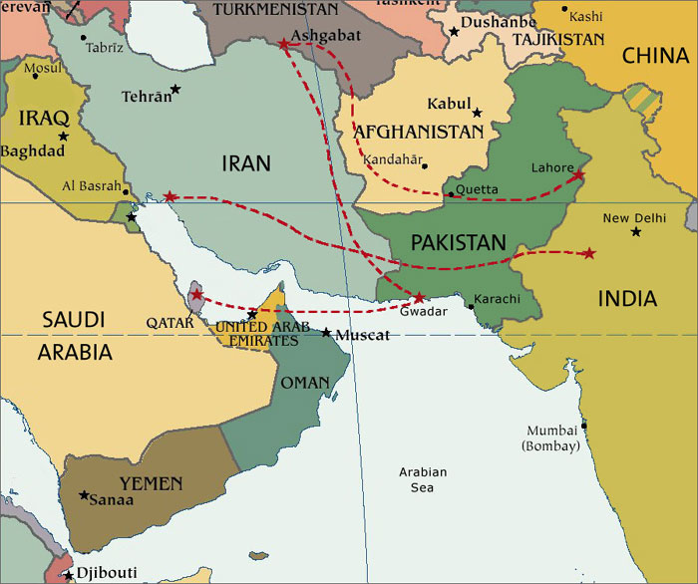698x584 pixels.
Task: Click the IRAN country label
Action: tap(246, 163)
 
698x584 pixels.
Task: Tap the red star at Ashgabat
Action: tap(285, 44)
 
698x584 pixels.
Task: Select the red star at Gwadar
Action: tap(420, 297)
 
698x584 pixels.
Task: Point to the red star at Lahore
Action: tap(579, 175)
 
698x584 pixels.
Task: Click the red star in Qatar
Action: tap(197, 295)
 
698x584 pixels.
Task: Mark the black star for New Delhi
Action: tap(636, 232)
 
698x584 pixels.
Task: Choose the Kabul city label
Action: tap(448, 104)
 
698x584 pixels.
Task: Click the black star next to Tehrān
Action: tap(175, 90)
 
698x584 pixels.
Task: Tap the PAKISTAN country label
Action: tap(459, 242)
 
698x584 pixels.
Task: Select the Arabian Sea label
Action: tap(423, 479)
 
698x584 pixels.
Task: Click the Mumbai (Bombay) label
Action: tap(550, 438)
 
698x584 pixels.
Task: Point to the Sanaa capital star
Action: tap(84, 495)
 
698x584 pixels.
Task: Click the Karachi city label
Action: tap(497, 299)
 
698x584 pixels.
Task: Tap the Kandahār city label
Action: tap(394, 159)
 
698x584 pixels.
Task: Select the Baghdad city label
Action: tap(32, 151)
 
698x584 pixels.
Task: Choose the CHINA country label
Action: tap(655, 55)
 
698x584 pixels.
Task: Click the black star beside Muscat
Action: tap(326, 332)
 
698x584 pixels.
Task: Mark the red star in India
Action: tap(588, 253)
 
